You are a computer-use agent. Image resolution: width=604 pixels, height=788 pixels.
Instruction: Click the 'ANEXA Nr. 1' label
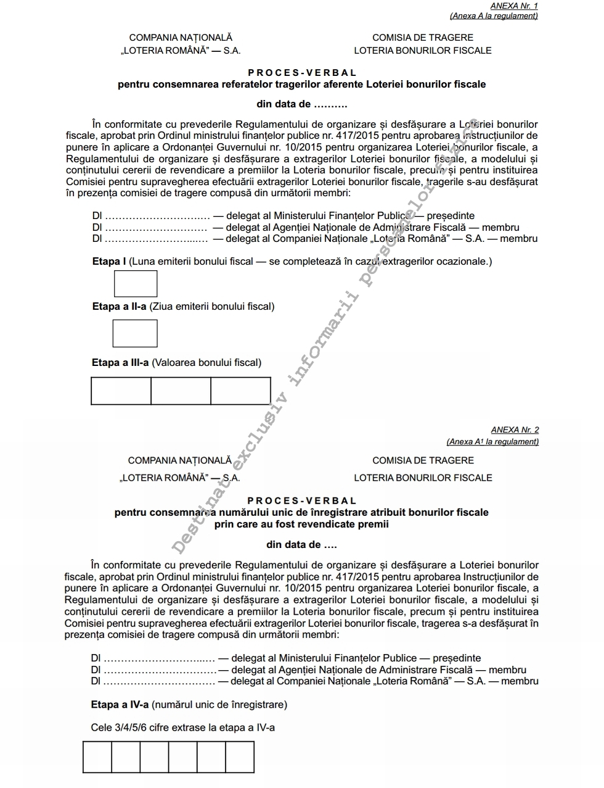pos(514,6)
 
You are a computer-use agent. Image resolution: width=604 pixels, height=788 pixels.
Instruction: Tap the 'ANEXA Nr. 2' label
pos(515,429)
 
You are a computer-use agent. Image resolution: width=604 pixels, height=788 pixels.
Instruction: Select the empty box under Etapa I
pos(136,284)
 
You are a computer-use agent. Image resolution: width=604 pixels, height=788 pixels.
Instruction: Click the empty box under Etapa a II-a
pos(135,333)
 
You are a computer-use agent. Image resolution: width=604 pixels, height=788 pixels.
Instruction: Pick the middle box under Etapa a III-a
pos(181,391)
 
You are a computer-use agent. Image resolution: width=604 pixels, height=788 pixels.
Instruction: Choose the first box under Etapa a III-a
pos(121,391)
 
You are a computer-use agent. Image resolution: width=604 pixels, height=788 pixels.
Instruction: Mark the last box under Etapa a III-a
pos(240,391)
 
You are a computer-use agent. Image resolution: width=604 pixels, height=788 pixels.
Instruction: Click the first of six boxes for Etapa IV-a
pos(97,757)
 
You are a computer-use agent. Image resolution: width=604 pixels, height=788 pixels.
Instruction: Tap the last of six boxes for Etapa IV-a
pos(240,757)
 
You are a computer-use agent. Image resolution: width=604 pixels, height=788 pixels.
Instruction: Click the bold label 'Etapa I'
pos(109,261)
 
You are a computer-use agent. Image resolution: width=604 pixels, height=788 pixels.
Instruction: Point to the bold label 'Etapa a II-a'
pos(120,306)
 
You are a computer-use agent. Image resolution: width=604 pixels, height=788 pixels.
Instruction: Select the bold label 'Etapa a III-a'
pos(120,362)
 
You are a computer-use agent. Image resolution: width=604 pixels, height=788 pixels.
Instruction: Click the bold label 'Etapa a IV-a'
pos(120,704)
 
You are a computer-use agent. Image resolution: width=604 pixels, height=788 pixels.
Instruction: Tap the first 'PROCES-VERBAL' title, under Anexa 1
pos(302,73)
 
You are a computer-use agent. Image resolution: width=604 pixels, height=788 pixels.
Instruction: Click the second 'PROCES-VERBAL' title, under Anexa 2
pos(302,501)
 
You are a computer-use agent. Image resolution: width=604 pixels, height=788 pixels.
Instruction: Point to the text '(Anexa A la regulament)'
pos(494,16)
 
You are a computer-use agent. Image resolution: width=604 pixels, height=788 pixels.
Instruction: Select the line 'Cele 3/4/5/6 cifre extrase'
pos(182,728)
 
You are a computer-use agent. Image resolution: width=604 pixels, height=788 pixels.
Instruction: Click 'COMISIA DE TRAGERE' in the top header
pos(423,38)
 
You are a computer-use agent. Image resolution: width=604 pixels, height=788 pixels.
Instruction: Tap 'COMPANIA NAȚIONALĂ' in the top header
pos(181,38)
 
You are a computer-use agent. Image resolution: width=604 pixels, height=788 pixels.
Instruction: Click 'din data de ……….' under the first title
pos(302,104)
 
